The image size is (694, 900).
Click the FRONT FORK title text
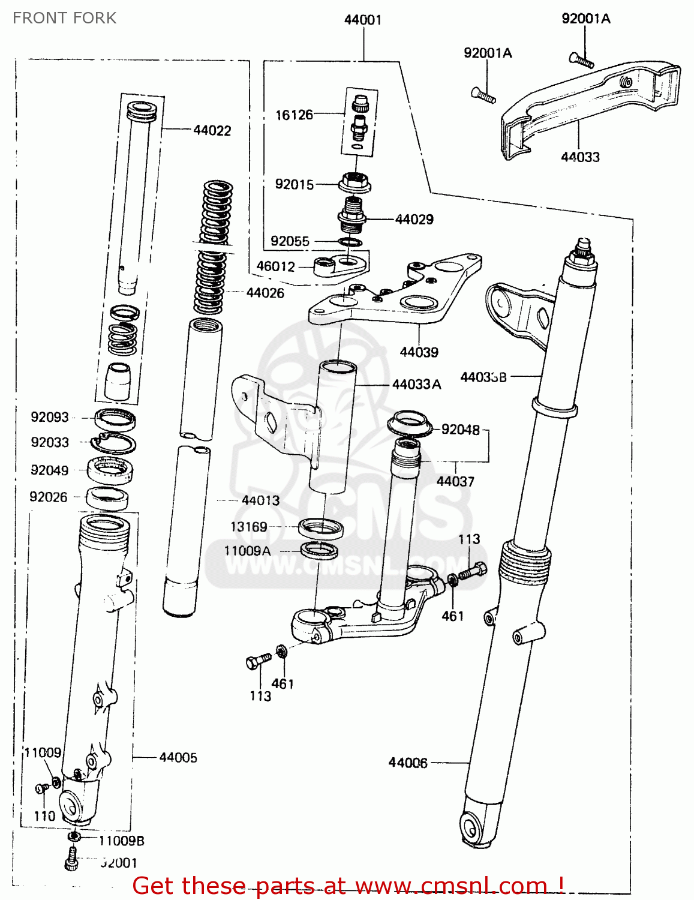point(64,18)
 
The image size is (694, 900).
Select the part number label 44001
point(362,20)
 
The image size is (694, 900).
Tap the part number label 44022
point(212,130)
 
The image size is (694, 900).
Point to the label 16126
point(294,115)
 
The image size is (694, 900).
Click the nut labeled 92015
point(354,181)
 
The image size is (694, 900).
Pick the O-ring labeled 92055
point(350,242)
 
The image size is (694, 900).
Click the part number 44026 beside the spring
point(265,293)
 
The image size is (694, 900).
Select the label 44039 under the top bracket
point(419,352)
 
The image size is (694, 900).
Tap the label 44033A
point(416,384)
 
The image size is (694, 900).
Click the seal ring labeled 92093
point(115,418)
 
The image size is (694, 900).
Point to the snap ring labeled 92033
point(113,443)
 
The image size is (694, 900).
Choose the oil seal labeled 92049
point(110,469)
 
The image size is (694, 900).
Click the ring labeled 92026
point(107,497)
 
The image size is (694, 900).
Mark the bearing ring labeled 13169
point(321,528)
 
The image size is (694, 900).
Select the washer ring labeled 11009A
point(319,549)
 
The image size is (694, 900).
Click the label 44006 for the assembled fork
point(408,763)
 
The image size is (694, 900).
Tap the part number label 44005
point(178,757)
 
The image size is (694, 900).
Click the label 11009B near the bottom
point(121,841)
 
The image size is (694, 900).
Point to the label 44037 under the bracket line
point(455,481)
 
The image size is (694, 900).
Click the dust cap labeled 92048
point(409,423)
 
